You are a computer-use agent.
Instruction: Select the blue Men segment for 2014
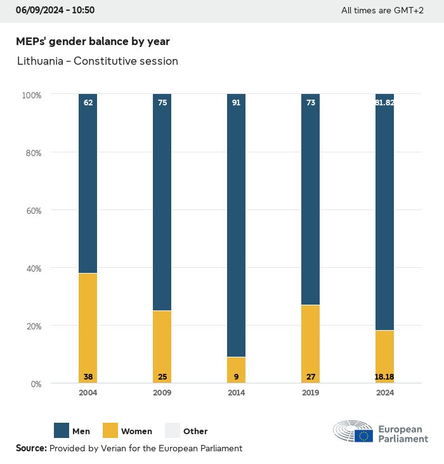[236, 225]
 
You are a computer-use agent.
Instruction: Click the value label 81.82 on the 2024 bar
[384, 102]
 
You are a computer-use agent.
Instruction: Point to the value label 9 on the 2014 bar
[236, 377]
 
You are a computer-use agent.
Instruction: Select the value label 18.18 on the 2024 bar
[384, 377]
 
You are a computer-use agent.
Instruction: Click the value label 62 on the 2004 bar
[88, 102]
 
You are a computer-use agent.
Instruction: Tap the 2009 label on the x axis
[162, 393]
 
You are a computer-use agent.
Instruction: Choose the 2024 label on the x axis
[384, 393]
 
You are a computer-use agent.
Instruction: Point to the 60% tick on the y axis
[32, 211]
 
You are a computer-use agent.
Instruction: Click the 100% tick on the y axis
[31, 95]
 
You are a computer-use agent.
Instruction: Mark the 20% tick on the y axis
[32, 326]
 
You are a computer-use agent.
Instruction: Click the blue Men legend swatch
[62, 431]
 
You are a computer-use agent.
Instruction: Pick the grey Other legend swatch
[173, 431]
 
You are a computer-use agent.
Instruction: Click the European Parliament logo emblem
[353, 431]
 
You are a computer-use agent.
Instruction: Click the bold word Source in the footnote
[30, 448]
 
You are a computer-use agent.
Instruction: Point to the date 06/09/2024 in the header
[39, 10]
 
